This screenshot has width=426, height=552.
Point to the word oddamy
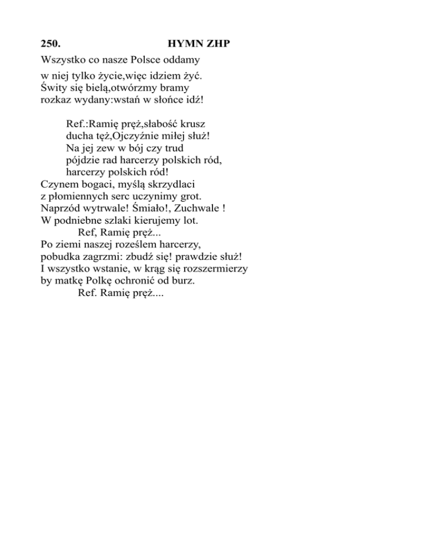[x=184, y=59]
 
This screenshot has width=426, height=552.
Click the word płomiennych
[x=83, y=197]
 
